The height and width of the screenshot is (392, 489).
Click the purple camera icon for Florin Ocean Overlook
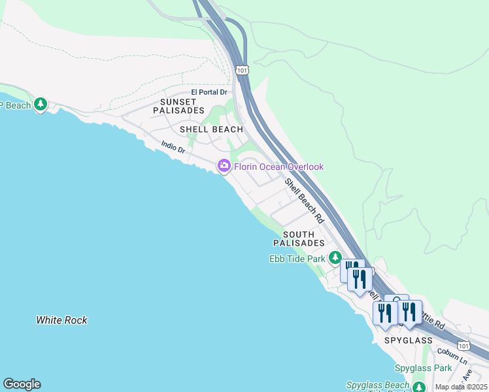click(224, 166)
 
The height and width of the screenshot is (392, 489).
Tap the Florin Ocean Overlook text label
click(279, 167)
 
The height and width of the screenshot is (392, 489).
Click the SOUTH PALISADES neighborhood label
click(299, 238)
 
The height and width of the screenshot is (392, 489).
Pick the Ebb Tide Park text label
click(297, 259)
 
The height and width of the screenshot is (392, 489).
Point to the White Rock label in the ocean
click(61, 320)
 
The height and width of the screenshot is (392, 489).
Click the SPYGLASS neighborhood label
click(409, 341)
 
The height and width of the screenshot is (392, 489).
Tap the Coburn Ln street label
click(454, 359)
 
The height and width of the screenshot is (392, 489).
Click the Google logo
click(22, 384)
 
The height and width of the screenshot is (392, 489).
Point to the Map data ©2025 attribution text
click(461, 387)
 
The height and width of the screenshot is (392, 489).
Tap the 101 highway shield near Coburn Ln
click(463, 345)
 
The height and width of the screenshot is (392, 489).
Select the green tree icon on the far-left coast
click(41, 104)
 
